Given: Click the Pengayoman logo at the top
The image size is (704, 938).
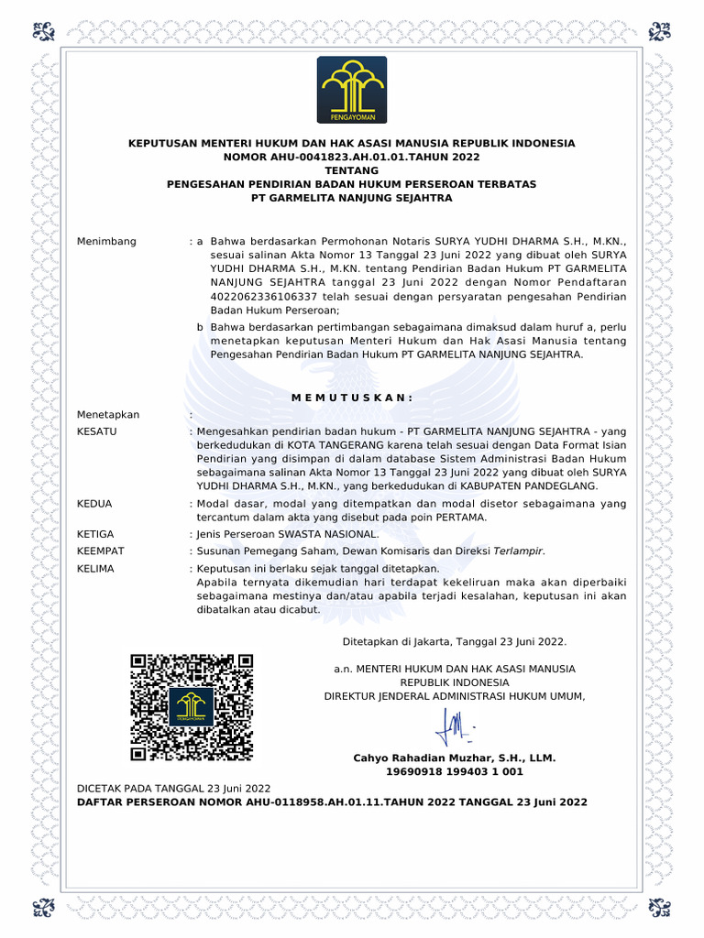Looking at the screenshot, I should tap(352, 90).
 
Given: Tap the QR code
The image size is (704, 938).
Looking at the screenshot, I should tap(192, 706).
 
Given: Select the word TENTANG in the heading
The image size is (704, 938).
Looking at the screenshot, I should tap(351, 170).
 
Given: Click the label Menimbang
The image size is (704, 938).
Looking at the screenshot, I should tap(106, 241).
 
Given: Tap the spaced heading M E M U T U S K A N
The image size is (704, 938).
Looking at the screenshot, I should tap(352, 397).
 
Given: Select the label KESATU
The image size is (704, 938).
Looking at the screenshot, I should tap(97, 431).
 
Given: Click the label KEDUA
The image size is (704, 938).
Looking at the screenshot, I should tap(95, 503).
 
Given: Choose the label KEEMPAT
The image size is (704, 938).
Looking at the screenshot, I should tap(101, 551).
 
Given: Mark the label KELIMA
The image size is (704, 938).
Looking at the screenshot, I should tap(96, 568).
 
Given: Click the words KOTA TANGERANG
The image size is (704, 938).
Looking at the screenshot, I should tap(317, 444).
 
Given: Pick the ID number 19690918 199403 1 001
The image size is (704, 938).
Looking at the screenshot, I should tap(455, 772).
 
